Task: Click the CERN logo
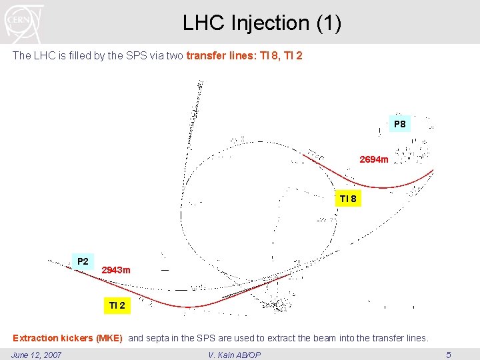point(23,23)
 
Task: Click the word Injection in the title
point(271,23)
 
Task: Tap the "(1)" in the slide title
point(329,23)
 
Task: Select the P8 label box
point(399,124)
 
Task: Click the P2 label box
point(83,261)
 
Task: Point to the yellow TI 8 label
point(348,199)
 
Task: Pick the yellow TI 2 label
point(117,305)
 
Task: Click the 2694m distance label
point(373,160)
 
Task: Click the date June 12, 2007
point(37,355)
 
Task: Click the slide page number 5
point(449,355)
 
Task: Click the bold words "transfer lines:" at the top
point(223,56)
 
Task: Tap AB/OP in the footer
point(247,355)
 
